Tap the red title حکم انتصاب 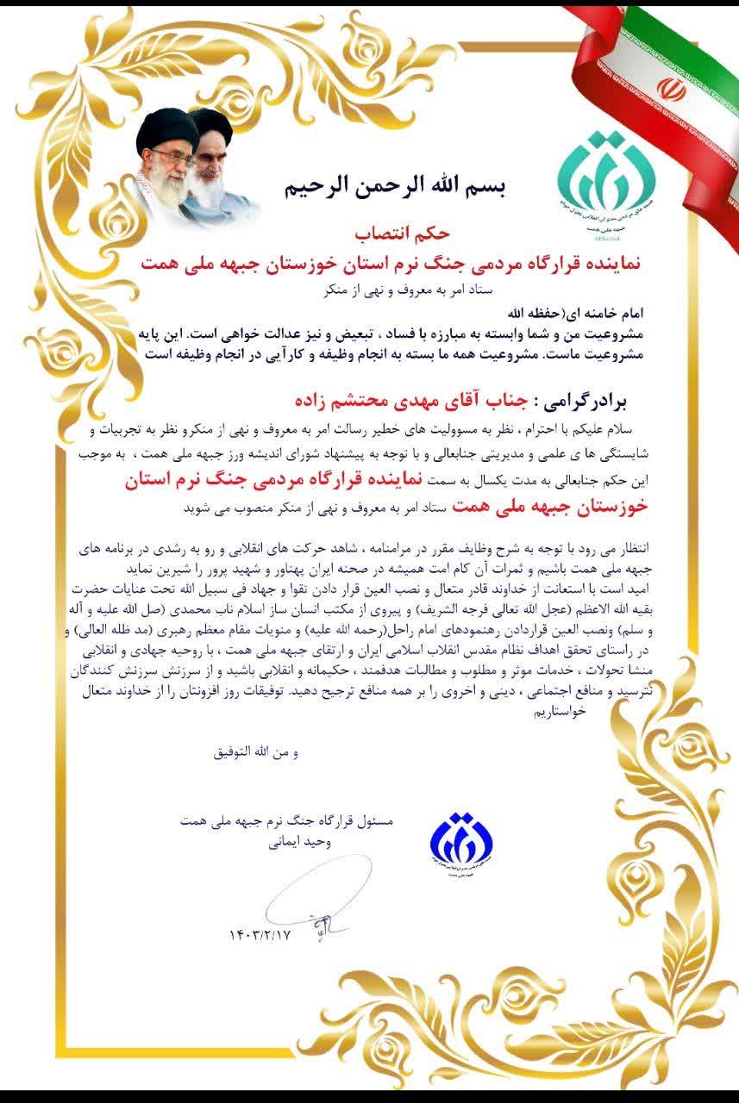coord(395,234)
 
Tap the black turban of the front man coord(161,131)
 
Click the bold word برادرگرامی coord(576,402)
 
